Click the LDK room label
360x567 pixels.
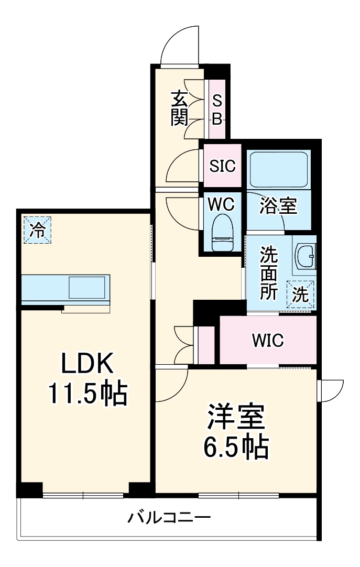[87, 363]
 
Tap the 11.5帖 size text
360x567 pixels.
[88, 393]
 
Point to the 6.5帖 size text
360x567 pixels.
[235, 446]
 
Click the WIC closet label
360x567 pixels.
[267, 340]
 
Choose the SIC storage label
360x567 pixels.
[223, 166]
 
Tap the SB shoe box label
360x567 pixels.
[217, 109]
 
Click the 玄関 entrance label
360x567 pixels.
[179, 109]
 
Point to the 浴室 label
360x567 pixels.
[278, 206]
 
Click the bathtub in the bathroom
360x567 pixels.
[278, 169]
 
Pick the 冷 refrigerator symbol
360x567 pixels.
[37, 230]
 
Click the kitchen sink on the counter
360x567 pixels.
[87, 288]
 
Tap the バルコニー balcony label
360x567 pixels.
[169, 518]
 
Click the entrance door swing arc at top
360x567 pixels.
[180, 45]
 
